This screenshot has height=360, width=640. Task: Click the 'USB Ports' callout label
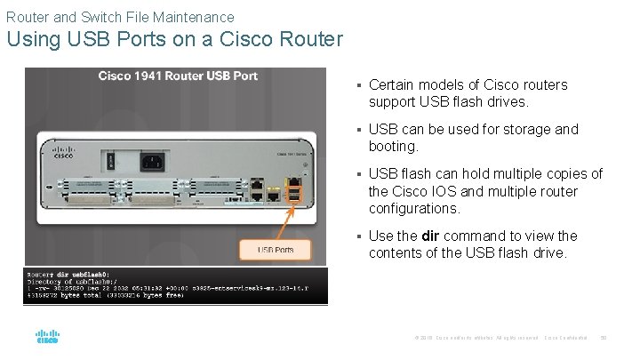coord(276,250)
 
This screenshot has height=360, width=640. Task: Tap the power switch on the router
coord(111,162)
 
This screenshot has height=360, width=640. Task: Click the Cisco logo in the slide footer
coord(47,337)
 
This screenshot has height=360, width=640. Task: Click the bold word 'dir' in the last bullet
coord(429,236)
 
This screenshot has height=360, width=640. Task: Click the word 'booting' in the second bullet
coord(392,147)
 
